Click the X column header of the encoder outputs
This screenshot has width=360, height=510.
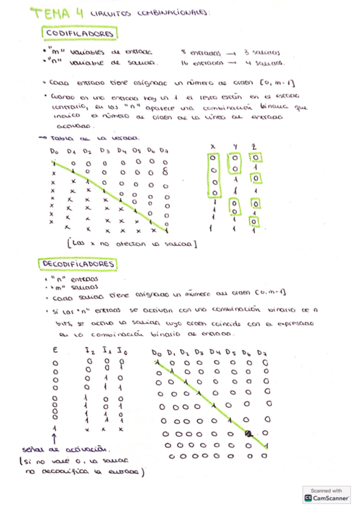[x=213, y=146]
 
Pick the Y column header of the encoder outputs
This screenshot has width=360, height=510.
[x=236, y=146]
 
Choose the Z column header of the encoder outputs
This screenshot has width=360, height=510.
[x=255, y=146]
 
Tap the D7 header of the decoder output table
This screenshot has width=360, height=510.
[x=262, y=352]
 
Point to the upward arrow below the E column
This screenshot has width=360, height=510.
[x=55, y=437]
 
